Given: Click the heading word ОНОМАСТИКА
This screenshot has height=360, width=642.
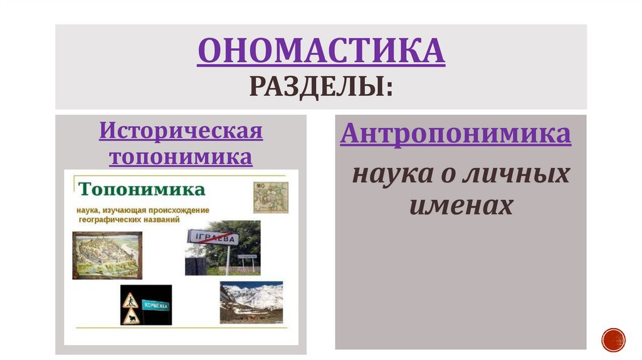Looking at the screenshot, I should (321, 52).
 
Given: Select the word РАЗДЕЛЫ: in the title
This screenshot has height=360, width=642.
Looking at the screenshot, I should (321, 85).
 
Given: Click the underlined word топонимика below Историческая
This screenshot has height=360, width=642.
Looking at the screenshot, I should (181, 156).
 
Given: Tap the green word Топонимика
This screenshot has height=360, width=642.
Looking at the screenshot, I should (142, 189).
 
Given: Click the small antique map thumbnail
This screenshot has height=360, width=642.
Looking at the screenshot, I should (271, 198).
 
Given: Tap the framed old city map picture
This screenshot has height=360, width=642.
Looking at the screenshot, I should (107, 255).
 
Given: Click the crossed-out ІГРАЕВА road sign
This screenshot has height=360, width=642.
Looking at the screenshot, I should (214, 239).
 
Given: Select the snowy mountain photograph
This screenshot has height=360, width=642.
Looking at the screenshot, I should (251, 302).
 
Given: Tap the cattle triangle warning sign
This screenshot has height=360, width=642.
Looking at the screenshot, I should (130, 317).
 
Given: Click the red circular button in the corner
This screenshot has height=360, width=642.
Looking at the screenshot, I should (613, 339).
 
